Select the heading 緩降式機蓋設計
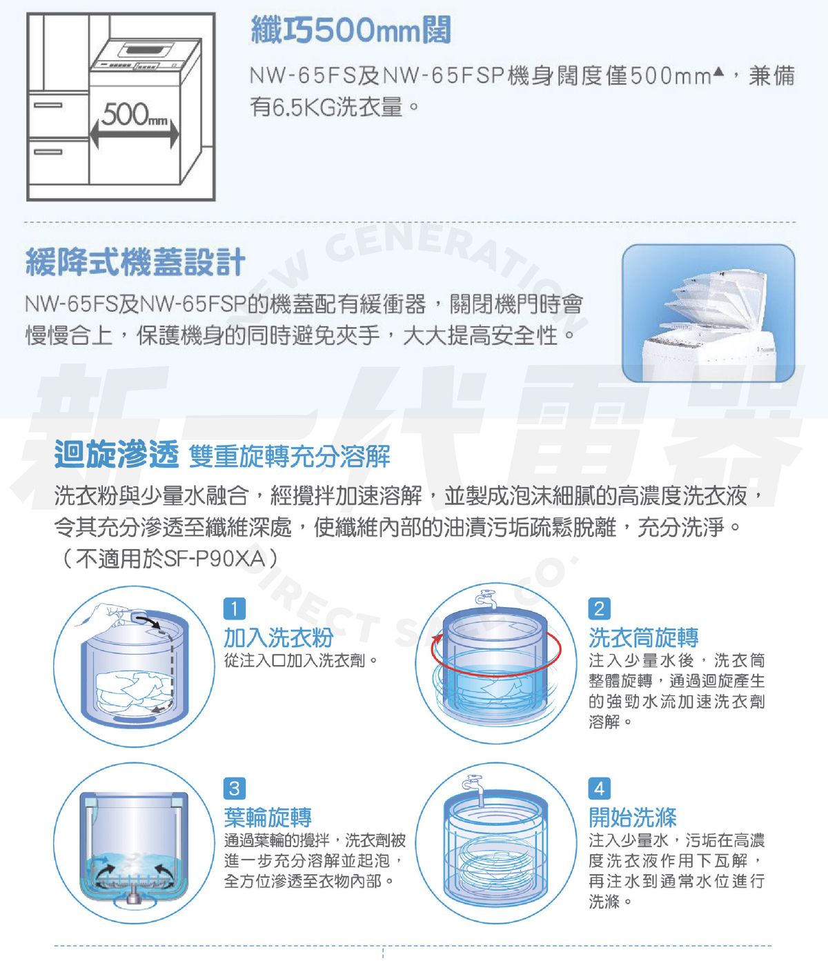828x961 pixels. point(135,262)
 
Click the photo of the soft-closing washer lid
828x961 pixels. point(708,313)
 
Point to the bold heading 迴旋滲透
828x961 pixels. point(116,455)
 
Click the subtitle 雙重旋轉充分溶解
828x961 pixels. point(289,456)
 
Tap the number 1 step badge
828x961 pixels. point(234,608)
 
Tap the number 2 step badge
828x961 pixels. point(598,608)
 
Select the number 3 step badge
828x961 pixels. point(234,788)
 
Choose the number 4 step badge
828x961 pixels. point(598,788)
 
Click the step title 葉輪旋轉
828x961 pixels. point(268,818)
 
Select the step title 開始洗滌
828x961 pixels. point(632,818)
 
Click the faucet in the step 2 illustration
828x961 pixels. point(485,598)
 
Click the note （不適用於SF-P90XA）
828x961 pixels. point(168,558)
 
